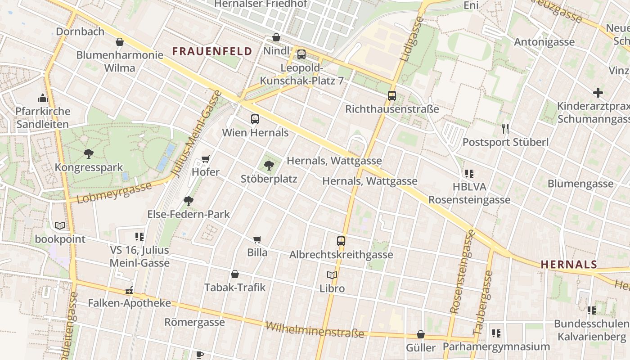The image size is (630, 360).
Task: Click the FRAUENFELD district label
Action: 212,51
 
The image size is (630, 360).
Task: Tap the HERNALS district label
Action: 569,265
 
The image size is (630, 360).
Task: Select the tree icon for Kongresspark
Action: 89,154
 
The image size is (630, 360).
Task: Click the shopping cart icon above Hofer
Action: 206,159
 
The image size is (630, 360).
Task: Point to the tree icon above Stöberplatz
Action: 269,166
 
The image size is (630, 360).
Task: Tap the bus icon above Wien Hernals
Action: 255,119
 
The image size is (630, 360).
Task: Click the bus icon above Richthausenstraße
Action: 392,96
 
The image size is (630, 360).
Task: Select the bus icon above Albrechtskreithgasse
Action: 341,241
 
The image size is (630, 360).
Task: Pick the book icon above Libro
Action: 332,275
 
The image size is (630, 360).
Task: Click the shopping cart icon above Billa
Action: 257,239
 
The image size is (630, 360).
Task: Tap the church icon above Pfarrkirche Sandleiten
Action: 43,98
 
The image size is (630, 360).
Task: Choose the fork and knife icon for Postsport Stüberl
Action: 505,129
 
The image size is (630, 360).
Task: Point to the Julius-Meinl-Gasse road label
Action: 197,134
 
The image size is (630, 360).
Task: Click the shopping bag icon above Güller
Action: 421,334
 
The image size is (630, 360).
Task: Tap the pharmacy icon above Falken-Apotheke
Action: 130,290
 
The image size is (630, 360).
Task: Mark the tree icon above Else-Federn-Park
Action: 189,201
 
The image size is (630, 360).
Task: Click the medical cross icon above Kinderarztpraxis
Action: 598,93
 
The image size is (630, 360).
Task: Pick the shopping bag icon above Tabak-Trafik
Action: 235,274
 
